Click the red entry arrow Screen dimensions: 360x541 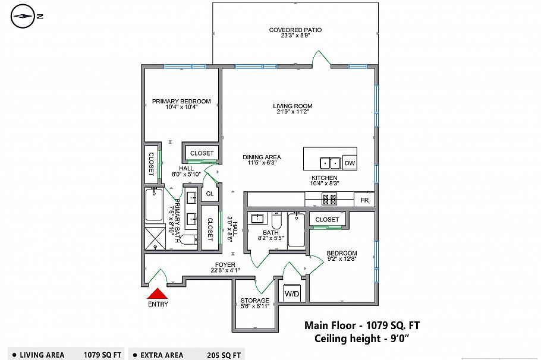click(x=158, y=293)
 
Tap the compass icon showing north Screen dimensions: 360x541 click(x=23, y=17)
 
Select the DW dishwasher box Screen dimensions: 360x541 click(x=350, y=163)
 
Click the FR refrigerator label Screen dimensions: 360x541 click(x=364, y=201)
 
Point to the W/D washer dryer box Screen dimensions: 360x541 click(x=292, y=293)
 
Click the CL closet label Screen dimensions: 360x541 click(x=209, y=194)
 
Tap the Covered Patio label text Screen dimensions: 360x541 click(x=295, y=30)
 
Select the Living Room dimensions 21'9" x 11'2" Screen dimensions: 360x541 click(x=292, y=113)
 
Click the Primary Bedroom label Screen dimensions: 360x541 click(x=181, y=102)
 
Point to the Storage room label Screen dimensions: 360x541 click(x=254, y=300)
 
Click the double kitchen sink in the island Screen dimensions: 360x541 click(x=330, y=163)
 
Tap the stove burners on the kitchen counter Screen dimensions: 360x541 click(x=329, y=199)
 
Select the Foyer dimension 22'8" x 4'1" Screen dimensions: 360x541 click(x=225, y=270)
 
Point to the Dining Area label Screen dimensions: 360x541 click(x=262, y=157)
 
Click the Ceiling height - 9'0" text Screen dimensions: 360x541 click(x=363, y=339)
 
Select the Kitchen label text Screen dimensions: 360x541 click(x=325, y=178)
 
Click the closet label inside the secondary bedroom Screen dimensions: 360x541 click(x=327, y=220)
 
